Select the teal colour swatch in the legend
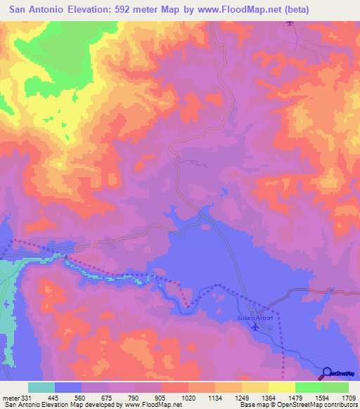[x=41, y=388]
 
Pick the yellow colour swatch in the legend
[x=281, y=388]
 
